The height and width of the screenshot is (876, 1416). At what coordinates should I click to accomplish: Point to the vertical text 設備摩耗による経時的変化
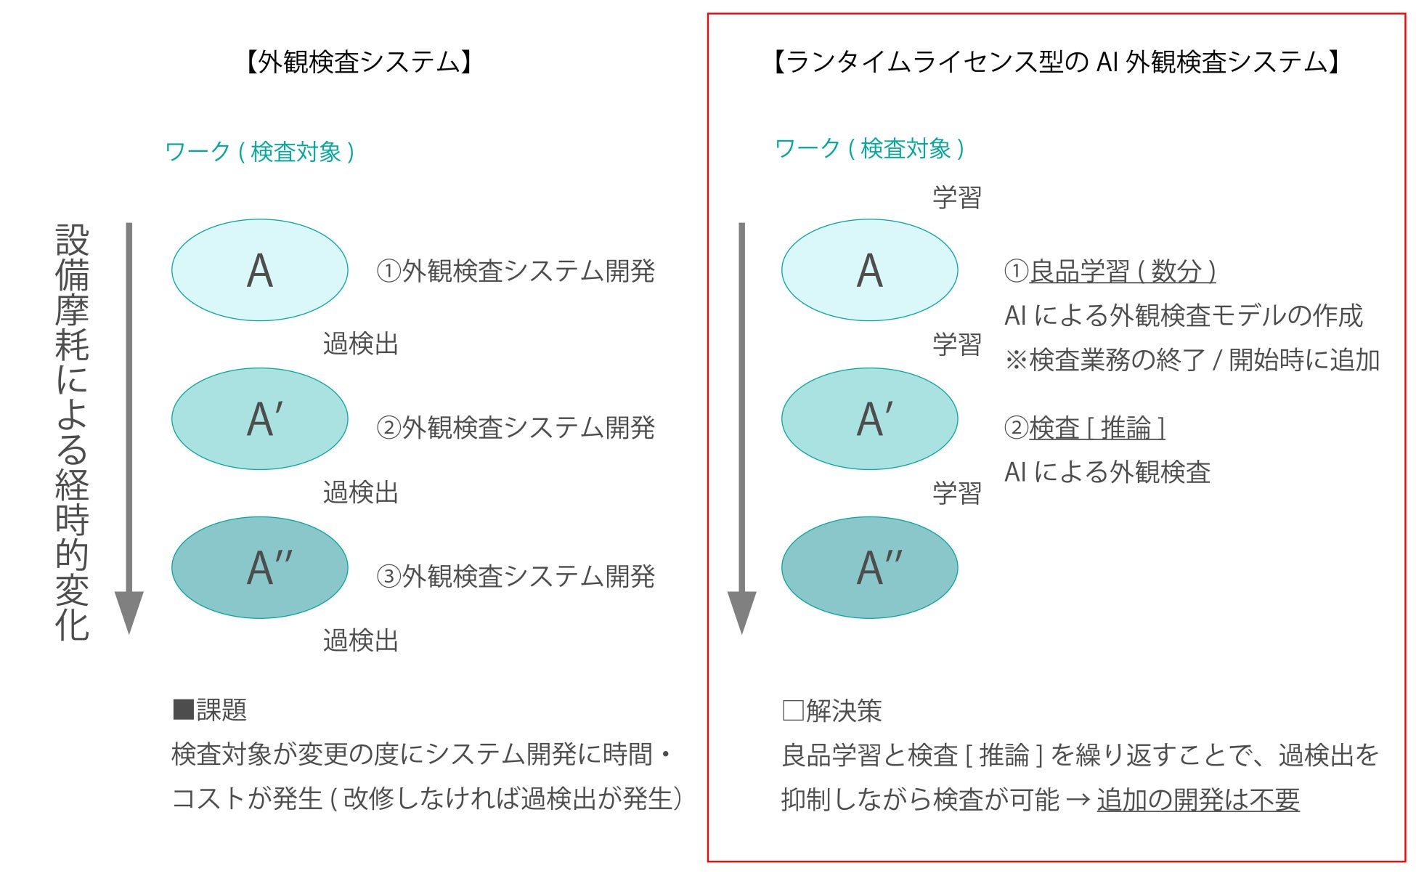[73, 432]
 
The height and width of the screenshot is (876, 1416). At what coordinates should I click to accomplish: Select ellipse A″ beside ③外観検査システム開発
[260, 567]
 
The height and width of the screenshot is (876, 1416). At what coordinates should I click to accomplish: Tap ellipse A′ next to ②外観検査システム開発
[260, 418]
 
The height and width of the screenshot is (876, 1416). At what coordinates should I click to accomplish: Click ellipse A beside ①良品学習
[869, 270]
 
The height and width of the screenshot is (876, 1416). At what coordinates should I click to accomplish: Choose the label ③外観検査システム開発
[516, 577]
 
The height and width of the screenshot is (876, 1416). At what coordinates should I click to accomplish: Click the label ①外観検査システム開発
[516, 271]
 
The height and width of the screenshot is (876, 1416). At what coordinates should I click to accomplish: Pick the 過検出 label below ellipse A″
[361, 641]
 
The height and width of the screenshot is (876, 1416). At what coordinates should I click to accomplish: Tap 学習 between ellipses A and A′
[956, 344]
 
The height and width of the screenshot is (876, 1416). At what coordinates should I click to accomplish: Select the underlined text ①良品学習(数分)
[1110, 271]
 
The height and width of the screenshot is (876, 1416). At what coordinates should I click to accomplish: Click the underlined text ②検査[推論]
[1085, 428]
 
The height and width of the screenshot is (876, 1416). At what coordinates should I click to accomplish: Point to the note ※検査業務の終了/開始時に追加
[1192, 360]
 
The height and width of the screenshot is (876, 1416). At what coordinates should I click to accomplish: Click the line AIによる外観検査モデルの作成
[1183, 315]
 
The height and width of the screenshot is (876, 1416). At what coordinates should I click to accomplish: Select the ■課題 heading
[211, 710]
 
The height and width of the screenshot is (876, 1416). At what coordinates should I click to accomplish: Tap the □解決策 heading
[832, 710]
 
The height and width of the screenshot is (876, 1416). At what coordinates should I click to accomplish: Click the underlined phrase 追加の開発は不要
[1197, 800]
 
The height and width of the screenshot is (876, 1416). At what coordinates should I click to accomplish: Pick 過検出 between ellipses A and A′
[361, 344]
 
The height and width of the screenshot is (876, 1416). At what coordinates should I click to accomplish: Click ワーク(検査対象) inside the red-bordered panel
[869, 149]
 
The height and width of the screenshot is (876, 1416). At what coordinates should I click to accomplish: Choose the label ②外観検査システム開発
[516, 428]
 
